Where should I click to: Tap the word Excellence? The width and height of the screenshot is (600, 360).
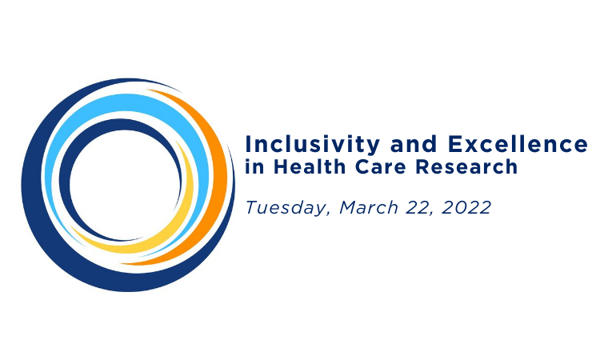click(515, 145)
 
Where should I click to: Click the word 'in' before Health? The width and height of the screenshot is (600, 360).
click(254, 168)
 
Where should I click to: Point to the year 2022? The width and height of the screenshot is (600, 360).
click(470, 207)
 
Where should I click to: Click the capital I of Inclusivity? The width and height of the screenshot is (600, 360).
click(249, 145)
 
